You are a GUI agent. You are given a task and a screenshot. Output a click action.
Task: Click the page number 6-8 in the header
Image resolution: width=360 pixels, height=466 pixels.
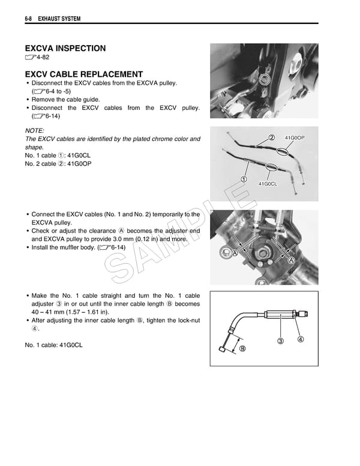pos(28,19)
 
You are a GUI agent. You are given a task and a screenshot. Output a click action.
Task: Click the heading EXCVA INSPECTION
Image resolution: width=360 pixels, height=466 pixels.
pos(65,48)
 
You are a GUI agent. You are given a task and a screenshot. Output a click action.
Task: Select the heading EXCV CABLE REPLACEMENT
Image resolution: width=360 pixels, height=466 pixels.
pos(83,74)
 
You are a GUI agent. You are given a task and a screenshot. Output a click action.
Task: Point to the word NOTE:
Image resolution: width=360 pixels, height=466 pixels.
pos(34,130)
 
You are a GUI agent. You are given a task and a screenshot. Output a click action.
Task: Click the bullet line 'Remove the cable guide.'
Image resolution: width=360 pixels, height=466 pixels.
pos(65,100)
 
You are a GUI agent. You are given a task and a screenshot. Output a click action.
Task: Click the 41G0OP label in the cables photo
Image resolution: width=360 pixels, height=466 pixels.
pos(295,138)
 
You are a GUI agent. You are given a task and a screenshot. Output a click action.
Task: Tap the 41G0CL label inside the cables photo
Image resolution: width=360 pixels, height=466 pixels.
pos(267,184)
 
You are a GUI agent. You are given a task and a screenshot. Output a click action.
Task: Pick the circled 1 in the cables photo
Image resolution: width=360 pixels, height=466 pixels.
pos(244,179)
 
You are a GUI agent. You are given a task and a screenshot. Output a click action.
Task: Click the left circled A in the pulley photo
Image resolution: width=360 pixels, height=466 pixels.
pos(235,254)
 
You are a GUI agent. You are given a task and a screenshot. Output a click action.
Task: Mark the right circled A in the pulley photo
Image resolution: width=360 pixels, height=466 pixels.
pos(290,261)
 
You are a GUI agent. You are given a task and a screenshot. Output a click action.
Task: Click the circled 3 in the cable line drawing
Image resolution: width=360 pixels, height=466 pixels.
pos(280,342)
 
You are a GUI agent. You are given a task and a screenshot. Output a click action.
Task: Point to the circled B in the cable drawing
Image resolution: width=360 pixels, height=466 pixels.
pos(242,348)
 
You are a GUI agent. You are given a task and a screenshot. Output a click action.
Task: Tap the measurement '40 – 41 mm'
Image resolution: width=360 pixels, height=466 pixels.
pos(46,312)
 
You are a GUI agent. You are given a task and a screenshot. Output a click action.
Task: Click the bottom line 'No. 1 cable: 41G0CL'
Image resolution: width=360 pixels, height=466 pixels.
pos(53,345)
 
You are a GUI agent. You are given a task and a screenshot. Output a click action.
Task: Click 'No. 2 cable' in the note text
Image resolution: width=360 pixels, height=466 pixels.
pos(41,163)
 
